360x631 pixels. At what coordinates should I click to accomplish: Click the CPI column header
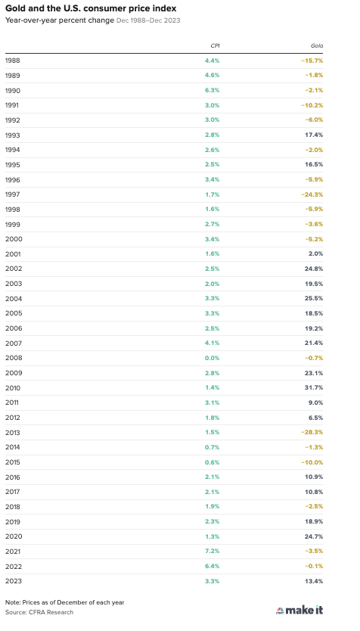click(x=216, y=46)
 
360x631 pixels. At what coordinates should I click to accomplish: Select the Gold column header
click(x=317, y=46)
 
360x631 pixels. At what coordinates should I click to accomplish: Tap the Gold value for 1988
click(x=312, y=61)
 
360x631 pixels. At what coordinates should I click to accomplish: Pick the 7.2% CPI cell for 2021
click(x=212, y=552)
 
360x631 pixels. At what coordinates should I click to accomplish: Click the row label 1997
click(x=12, y=194)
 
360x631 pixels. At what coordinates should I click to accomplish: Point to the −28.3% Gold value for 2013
click(x=312, y=432)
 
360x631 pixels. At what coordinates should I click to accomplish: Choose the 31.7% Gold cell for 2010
click(x=314, y=387)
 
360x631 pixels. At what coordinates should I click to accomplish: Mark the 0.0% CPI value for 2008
click(x=212, y=358)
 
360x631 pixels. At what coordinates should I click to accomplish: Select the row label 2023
click(x=14, y=581)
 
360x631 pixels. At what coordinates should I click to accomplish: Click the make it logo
click(x=299, y=610)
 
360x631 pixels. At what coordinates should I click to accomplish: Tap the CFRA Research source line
click(x=39, y=612)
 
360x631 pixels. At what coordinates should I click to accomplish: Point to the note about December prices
click(x=65, y=602)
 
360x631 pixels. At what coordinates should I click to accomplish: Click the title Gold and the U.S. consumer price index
click(x=91, y=8)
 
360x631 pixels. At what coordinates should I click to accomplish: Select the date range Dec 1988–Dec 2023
click(x=148, y=20)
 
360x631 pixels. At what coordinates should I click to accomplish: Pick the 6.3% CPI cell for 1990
click(x=212, y=90)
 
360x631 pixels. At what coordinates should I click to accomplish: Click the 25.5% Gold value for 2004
click(x=314, y=298)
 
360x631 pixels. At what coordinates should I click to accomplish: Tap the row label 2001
click(x=13, y=254)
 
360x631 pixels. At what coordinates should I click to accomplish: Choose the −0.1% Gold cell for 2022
click(x=314, y=566)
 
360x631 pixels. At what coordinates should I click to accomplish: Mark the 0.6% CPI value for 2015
click(x=212, y=462)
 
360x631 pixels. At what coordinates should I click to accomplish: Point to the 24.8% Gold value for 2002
click(x=314, y=269)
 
